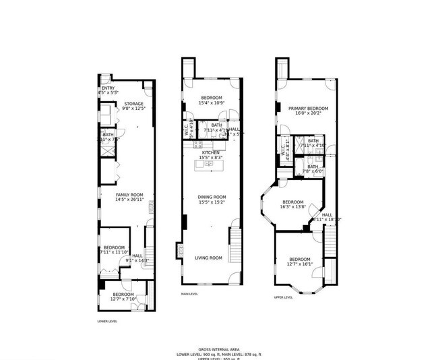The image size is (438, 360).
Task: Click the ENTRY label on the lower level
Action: (107, 88)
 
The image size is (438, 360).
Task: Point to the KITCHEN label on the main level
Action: (211, 152)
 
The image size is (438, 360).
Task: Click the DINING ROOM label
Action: (211, 197)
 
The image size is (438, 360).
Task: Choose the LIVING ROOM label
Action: (208, 258)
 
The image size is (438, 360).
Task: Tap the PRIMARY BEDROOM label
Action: (308, 109)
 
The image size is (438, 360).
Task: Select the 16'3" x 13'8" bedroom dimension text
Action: (292, 208)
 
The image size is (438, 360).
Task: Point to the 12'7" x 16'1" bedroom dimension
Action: (300, 265)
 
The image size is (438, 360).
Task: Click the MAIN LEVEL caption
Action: (189, 294)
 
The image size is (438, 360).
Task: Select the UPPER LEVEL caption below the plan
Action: (283, 297)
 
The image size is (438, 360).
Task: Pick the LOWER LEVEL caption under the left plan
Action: (108, 322)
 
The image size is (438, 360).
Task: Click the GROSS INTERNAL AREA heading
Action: (218, 348)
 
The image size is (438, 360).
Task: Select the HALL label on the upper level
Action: (327, 214)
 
